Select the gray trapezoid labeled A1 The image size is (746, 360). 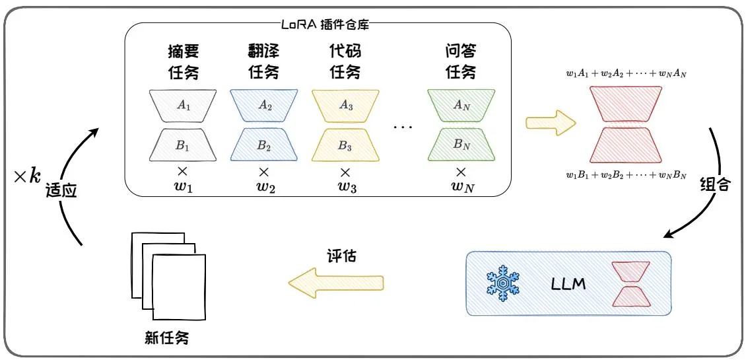click(183, 105)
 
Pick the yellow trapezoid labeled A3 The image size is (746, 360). click(345, 105)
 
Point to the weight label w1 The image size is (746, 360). click(183, 187)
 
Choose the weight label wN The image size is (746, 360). click(461, 187)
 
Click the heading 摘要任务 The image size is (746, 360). click(183, 61)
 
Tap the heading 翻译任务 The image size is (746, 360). click(264, 61)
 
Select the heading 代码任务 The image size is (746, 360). click(345, 61)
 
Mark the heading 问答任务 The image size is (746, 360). click(461, 61)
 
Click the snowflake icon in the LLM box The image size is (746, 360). click(502, 283)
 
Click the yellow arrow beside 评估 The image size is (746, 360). click(336, 283)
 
